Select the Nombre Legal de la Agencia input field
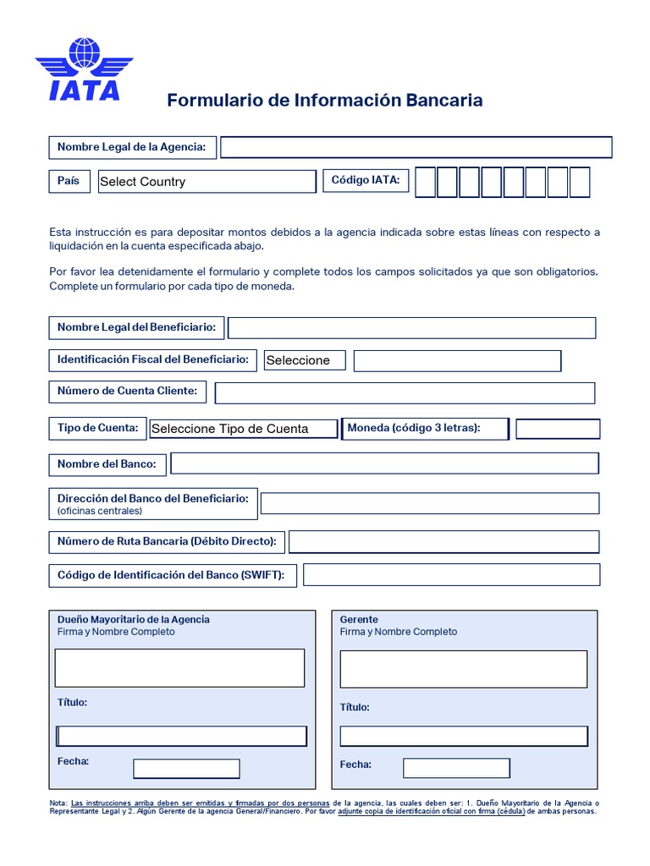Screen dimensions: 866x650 pos(416,147)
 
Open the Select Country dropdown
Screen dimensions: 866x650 pos(207,182)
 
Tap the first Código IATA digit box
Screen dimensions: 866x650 pos(426,182)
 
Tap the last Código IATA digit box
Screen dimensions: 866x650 pos(580,182)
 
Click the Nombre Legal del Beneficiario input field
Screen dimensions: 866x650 pos(411,328)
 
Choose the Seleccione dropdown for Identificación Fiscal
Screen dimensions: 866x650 pos(304,360)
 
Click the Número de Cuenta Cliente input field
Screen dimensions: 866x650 pos(405,392)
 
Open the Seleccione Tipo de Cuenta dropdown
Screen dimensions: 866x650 pos(244,429)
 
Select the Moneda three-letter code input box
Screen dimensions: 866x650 pos(558,429)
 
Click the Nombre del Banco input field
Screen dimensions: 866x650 pos(384,463)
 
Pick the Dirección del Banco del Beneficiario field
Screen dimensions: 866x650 pos(429,503)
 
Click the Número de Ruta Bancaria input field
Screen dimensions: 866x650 pos(443,541)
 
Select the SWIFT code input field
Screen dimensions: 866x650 pos(451,575)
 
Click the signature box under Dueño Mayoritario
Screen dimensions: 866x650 pos(179,668)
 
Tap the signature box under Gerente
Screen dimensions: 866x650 pos(463,669)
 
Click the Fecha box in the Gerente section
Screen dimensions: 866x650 pos(456,768)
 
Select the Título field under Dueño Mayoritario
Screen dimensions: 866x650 pos(181,736)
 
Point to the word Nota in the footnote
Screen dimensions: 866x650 pos(58,803)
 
